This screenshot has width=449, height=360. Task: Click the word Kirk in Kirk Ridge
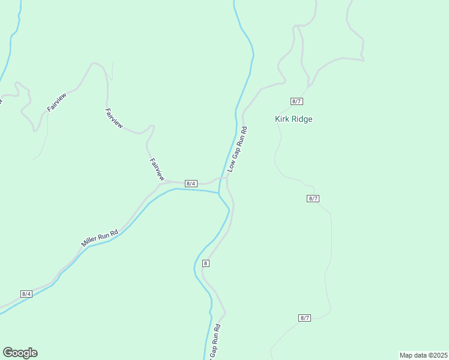(283, 119)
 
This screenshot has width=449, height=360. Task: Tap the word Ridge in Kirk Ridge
(302, 119)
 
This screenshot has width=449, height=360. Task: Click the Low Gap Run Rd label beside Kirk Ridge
(237, 149)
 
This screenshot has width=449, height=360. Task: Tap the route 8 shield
(206, 263)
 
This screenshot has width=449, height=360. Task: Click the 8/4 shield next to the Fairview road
(191, 183)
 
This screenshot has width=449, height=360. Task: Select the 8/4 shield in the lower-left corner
(26, 293)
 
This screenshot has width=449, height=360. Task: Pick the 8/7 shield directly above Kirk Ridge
(296, 100)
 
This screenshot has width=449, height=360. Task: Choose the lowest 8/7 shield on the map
(304, 317)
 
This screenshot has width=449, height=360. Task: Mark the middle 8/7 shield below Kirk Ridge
(313, 199)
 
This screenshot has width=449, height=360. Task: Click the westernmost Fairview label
(56, 103)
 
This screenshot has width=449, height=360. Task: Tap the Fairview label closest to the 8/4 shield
(157, 169)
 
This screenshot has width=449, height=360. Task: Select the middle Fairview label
(113, 118)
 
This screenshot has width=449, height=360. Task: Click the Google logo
(20, 353)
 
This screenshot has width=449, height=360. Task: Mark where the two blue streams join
(219, 193)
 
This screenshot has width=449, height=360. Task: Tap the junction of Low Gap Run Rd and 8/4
(226, 178)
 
